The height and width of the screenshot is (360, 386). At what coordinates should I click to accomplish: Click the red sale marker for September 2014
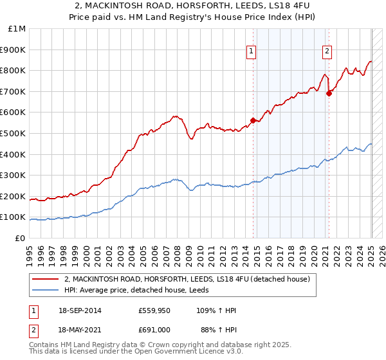253,120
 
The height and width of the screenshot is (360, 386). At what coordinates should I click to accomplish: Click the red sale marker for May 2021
329,93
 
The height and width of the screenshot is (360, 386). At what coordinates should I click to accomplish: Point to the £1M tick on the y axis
17,29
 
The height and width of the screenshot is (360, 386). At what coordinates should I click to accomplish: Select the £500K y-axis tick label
14,134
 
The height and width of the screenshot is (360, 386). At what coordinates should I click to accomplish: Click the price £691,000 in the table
154,330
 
